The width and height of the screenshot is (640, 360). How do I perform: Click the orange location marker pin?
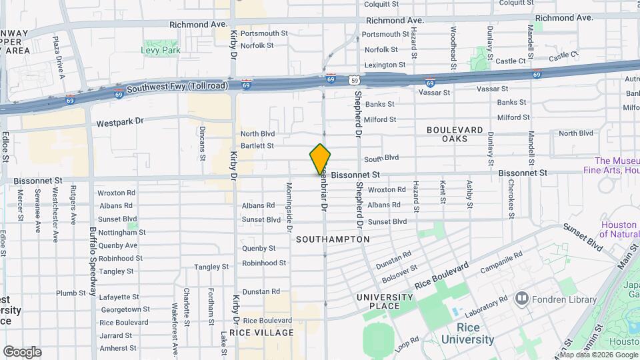pyautogui.click(x=321, y=159)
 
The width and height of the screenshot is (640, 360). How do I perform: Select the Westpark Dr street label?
pyautogui.click(x=120, y=123)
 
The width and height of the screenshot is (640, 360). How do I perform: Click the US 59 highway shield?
pyautogui.click(x=353, y=80)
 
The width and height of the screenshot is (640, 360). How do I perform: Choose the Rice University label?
pyautogui.click(x=476, y=333)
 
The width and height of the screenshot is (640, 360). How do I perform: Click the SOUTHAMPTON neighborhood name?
pyautogui.click(x=333, y=239)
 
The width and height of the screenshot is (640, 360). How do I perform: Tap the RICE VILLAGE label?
pyautogui.click(x=261, y=332)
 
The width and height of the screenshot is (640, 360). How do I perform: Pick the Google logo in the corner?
pyautogui.click(x=22, y=352)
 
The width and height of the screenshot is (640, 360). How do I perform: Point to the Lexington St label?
pyautogui.click(x=384, y=65)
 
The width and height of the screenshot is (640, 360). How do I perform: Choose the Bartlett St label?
pyautogui.click(x=257, y=145)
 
